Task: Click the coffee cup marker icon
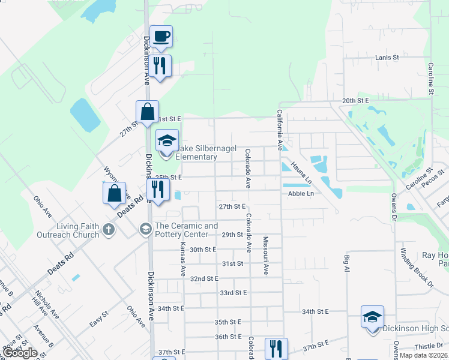click(x=161, y=37)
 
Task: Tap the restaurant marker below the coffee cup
click(x=160, y=65)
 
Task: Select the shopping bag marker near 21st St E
click(x=147, y=111)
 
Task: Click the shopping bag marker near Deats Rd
click(x=113, y=193)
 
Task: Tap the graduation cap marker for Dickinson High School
click(x=372, y=316)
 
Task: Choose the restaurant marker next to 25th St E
click(x=158, y=190)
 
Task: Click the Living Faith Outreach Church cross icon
click(x=108, y=229)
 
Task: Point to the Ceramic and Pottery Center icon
click(x=145, y=229)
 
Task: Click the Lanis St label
click(x=387, y=58)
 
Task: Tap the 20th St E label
click(x=355, y=101)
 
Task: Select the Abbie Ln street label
click(x=301, y=194)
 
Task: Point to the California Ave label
click(x=280, y=129)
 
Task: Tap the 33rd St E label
click(x=234, y=293)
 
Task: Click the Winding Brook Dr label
click(x=414, y=265)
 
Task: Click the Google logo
click(x=20, y=353)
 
